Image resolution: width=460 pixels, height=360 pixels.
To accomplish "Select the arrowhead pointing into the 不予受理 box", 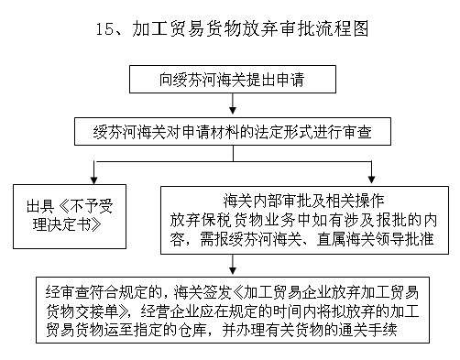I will (x=92, y=176).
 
